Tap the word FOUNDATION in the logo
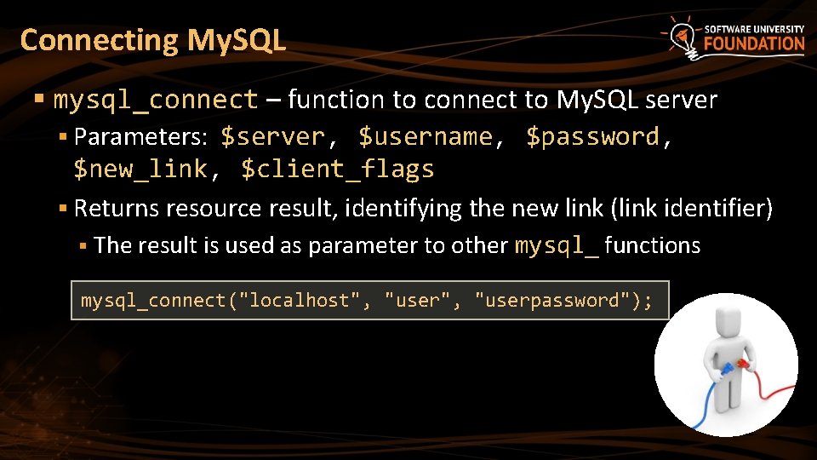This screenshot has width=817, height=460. pos(754,43)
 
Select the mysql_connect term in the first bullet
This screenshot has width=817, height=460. pos(156,101)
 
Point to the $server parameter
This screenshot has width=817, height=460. pos(273,137)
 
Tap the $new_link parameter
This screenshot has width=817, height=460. pos(140,170)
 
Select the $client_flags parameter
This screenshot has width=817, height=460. pos(338,170)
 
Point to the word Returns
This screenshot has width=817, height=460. pos(117,209)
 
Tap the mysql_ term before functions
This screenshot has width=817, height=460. pos(557,246)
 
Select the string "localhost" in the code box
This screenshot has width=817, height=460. pos(308,301)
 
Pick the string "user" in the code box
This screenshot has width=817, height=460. pos(418,301)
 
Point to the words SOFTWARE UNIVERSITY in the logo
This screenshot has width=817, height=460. pos(754,28)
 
